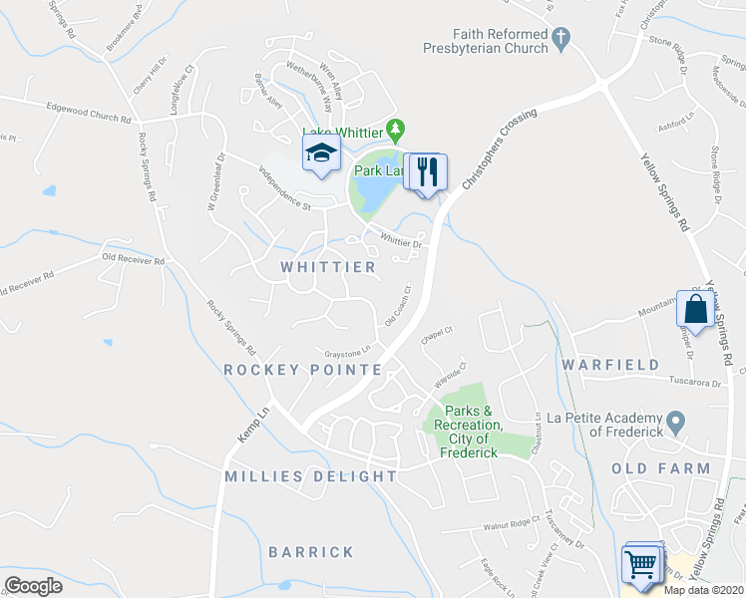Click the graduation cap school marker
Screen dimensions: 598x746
(321, 153)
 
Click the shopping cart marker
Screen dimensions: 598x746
(641, 564)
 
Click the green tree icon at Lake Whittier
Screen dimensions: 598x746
(397, 129)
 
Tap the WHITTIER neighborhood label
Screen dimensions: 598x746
(328, 267)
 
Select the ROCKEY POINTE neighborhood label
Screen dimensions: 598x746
(302, 369)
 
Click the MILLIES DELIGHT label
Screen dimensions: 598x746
(311, 476)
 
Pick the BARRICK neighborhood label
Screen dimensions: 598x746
(311, 551)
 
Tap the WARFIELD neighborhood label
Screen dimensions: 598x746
(610, 364)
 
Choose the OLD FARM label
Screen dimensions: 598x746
(661, 468)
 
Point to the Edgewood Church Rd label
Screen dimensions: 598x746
(88, 111)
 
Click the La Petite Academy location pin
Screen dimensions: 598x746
(675, 425)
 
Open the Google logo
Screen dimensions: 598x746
(34, 586)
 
